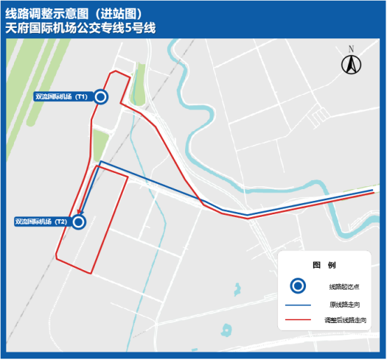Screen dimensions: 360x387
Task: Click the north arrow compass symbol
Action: [x=351, y=66]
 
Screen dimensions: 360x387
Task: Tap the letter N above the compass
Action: [x=351, y=49]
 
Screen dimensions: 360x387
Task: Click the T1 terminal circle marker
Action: [x=101, y=97]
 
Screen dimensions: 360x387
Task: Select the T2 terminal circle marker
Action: [x=78, y=222]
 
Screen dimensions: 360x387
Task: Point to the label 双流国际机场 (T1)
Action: [x=61, y=97]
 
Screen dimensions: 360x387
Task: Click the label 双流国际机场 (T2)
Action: [x=41, y=222]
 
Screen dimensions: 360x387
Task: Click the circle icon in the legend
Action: [x=298, y=286]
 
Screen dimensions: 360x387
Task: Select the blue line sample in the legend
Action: [x=298, y=305]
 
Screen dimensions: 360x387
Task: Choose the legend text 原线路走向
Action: [x=345, y=305]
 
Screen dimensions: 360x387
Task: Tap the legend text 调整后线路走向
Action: [x=345, y=322]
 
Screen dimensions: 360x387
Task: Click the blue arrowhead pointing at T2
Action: [x=81, y=212]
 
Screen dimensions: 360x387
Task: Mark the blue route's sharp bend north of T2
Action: [x=101, y=162]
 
